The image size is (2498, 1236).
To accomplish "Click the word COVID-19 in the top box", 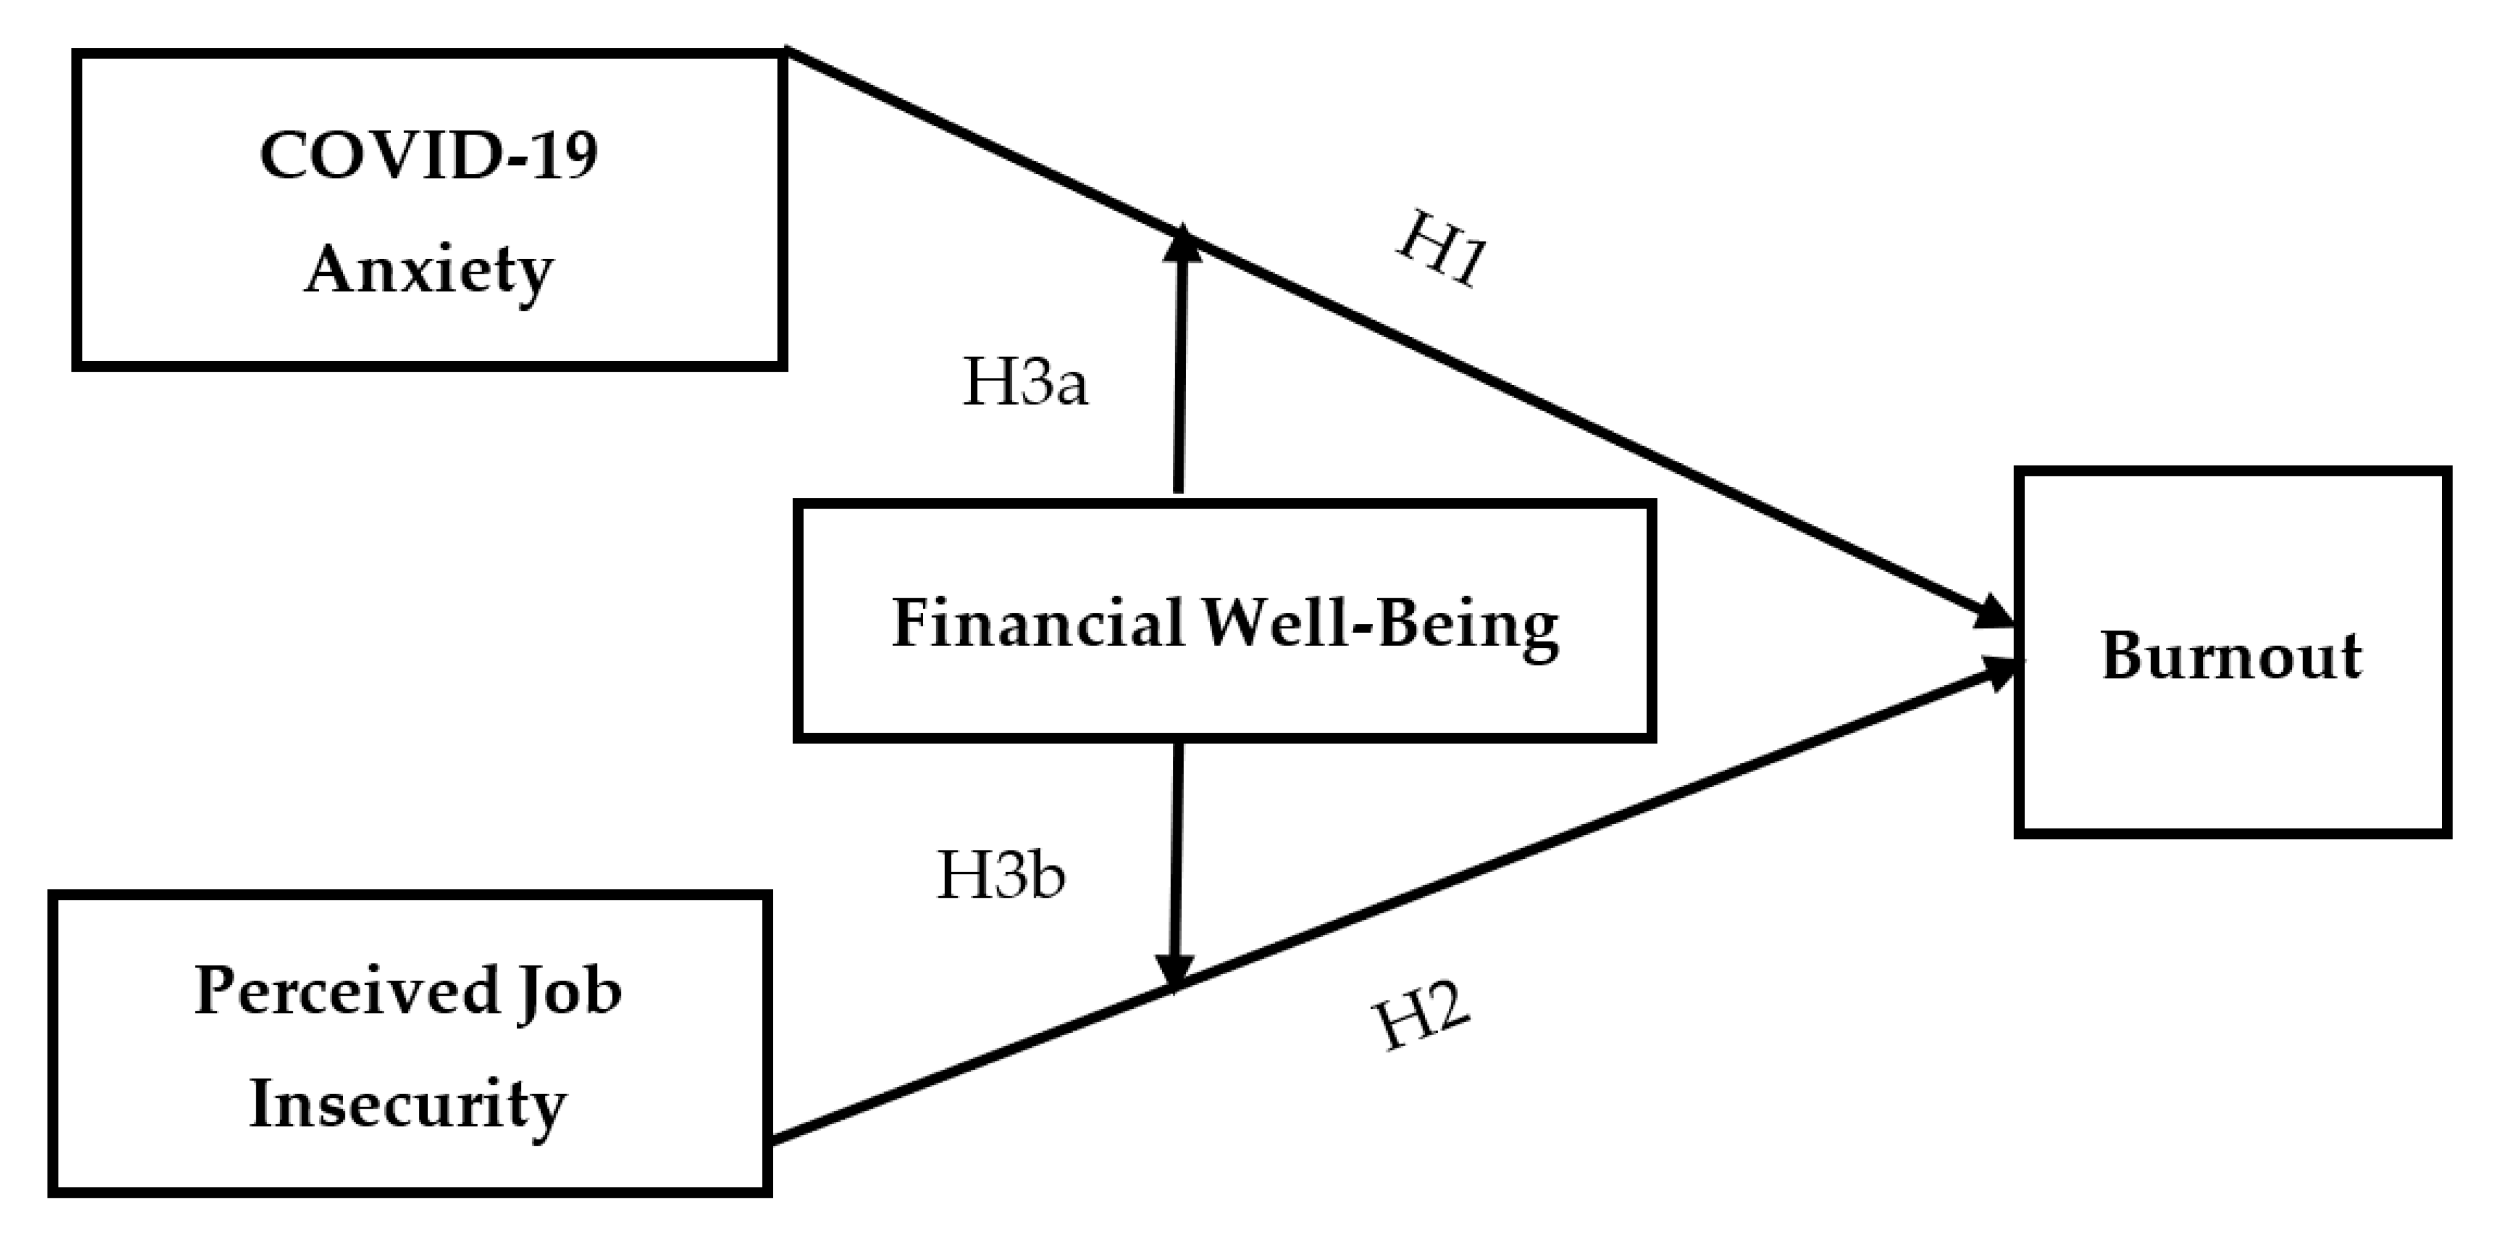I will [428, 155].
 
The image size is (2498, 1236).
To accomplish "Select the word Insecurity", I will [407, 1104].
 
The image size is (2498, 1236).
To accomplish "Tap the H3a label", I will [1025, 383].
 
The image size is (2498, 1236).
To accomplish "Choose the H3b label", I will [1001, 875].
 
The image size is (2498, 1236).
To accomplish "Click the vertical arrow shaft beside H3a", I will [1179, 378].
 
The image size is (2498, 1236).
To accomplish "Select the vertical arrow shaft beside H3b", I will [1176, 853].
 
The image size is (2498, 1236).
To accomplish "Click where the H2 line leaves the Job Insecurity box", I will [774, 1140].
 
